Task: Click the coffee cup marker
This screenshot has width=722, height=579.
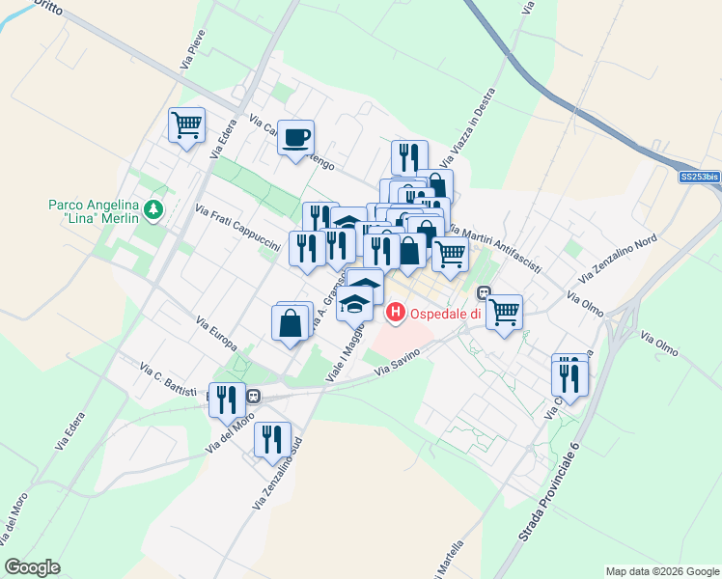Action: point(296,137)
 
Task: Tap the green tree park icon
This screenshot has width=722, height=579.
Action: point(153,209)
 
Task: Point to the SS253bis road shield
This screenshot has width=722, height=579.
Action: point(700,177)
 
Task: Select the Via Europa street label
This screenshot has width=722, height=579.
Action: point(216,333)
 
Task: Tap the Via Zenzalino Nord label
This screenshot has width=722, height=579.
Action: point(626,253)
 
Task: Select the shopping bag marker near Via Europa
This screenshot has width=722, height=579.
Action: point(291,323)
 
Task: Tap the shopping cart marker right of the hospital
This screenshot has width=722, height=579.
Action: point(504,313)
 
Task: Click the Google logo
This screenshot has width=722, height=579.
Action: point(33,567)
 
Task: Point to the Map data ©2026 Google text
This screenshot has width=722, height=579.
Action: point(661,571)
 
